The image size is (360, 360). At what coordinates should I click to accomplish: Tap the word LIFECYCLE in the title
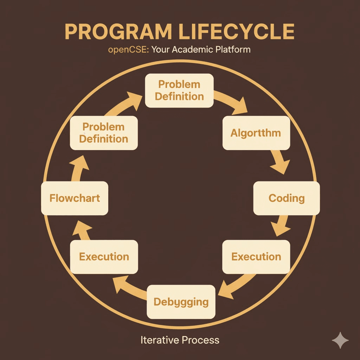coord(236,32)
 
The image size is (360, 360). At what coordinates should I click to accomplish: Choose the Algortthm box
coord(256,133)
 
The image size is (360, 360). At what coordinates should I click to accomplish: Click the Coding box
coord(287,198)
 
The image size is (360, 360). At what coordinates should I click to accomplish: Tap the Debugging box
coord(181,301)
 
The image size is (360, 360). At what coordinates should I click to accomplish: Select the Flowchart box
coord(75,198)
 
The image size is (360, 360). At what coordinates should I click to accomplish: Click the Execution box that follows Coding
coord(256,257)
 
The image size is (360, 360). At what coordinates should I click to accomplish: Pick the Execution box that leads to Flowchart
coord(104,257)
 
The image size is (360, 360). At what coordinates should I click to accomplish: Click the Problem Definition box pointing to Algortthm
coord(179,90)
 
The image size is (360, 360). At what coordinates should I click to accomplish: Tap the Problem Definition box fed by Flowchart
coord(104,133)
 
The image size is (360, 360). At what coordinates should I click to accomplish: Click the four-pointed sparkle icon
coord(340,340)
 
